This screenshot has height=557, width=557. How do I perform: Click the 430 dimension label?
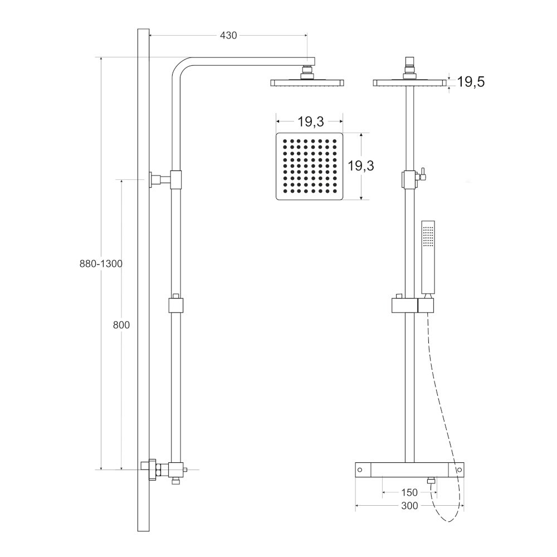[x=228, y=36]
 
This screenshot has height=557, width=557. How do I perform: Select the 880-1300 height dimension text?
[x=101, y=263]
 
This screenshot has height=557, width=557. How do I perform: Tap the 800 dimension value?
[x=121, y=325]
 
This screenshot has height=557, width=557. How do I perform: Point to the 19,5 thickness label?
[x=471, y=82]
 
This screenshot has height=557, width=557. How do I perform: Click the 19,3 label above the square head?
[x=311, y=122]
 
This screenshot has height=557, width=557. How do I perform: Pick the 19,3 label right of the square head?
[x=361, y=165]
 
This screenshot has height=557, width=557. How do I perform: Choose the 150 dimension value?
[x=409, y=492]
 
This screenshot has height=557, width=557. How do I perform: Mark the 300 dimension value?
[x=409, y=506]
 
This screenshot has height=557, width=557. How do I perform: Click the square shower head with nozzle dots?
[x=309, y=166]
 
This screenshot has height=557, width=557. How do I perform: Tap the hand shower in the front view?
[x=428, y=258]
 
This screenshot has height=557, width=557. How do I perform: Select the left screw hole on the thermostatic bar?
[x=360, y=470]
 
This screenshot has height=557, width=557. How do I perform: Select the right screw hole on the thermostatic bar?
[x=459, y=470]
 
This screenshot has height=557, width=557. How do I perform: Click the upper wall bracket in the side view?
[x=165, y=179]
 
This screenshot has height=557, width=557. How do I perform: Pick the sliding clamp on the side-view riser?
[x=175, y=305]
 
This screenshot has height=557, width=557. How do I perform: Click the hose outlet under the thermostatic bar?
[x=431, y=481]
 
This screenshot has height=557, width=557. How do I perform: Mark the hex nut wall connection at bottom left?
[x=150, y=470]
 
